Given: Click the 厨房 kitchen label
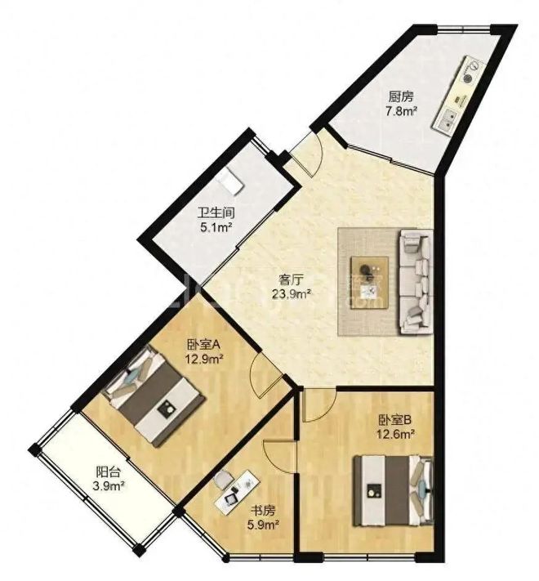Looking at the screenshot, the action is [x=400, y=97].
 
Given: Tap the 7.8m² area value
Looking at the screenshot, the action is [x=402, y=111].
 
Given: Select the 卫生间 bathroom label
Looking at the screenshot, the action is [x=216, y=213].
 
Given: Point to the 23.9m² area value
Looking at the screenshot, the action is [x=292, y=294].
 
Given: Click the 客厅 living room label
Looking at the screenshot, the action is [x=292, y=279].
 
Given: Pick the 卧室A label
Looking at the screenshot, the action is [x=204, y=345].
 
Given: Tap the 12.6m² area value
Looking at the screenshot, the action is [x=395, y=434].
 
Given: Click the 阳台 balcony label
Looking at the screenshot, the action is [x=108, y=472].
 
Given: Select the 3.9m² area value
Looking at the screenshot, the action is [x=107, y=485].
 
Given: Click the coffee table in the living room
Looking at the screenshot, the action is [x=369, y=282].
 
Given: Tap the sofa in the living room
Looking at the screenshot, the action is [x=416, y=282].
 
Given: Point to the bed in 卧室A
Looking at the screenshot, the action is [x=154, y=396].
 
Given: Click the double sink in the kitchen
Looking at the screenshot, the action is [x=447, y=119].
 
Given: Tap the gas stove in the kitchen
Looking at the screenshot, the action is [x=469, y=72].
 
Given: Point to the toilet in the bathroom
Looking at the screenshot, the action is [x=230, y=181].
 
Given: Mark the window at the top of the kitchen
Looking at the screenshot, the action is [x=463, y=27].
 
